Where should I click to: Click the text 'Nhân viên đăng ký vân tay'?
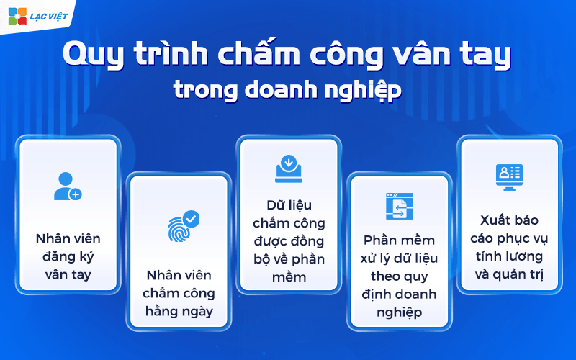68,256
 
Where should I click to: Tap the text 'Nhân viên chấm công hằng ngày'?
178,293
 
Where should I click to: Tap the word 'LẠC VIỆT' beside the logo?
49,16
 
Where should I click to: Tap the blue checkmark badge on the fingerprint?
192,217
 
